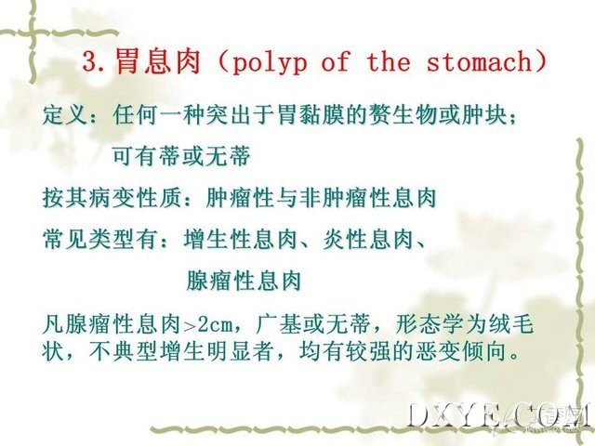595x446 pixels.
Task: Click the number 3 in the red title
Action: (x=89, y=62)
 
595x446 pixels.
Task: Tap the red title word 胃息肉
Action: (x=157, y=60)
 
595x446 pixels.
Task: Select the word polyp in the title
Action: (x=269, y=63)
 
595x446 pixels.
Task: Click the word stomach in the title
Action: (x=480, y=61)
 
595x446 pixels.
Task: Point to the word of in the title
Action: (x=336, y=61)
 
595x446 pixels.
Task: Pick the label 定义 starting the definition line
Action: (x=65, y=114)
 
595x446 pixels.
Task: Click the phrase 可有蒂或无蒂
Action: (x=181, y=155)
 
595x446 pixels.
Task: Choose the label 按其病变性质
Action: (x=112, y=198)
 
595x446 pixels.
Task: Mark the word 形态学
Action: (x=429, y=324)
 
